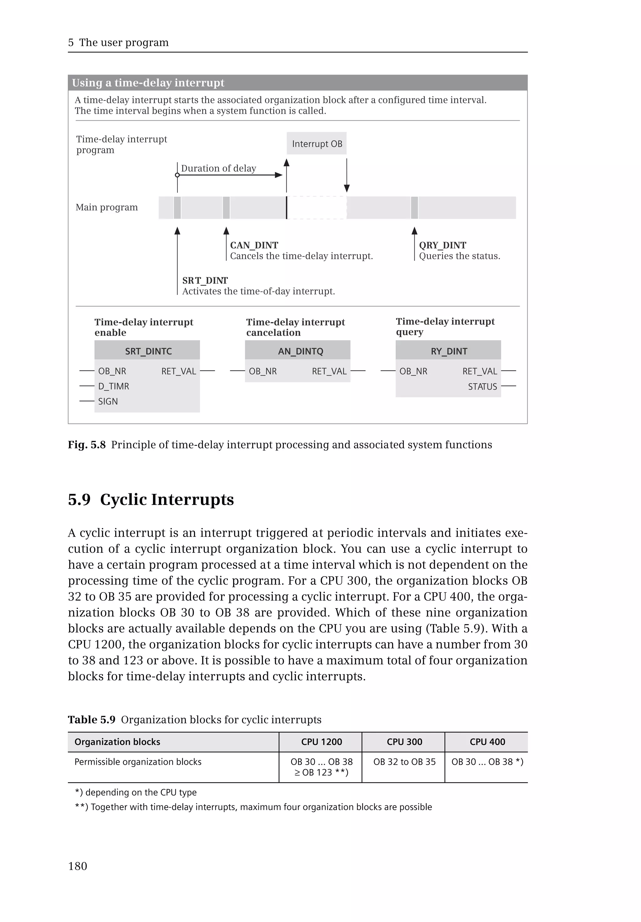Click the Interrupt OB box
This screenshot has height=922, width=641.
click(316, 144)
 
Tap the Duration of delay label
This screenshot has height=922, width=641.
click(218, 168)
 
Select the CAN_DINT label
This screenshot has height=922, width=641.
click(254, 245)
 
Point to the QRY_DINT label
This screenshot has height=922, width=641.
click(442, 245)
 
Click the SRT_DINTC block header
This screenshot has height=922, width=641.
click(147, 351)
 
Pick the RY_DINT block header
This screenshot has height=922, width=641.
click(449, 351)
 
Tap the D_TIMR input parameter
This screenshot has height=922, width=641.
click(114, 386)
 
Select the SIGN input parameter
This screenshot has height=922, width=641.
click(108, 402)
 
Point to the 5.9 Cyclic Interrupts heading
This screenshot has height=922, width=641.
click(151, 500)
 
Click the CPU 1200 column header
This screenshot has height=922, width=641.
click(321, 742)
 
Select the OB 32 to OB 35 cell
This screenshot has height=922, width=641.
click(404, 762)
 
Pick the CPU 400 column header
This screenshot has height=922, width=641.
click(487, 742)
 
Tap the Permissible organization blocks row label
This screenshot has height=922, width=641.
click(138, 762)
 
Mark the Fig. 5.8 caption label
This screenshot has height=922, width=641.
click(86, 445)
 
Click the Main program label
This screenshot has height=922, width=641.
click(106, 207)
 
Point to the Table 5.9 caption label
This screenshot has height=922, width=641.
click(92, 720)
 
